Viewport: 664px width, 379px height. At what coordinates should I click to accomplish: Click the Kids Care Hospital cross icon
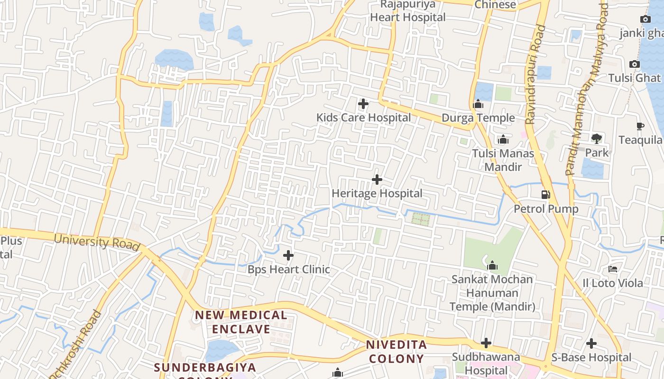(363, 103)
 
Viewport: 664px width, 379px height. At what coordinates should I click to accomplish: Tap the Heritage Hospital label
(377, 193)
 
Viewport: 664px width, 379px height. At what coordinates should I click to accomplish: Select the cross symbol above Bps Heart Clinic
(288, 255)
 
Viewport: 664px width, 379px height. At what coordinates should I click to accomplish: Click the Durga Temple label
(478, 117)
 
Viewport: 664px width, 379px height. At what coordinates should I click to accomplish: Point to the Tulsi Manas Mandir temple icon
(503, 139)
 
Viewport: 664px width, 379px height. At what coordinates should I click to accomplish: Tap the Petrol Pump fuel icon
(546, 194)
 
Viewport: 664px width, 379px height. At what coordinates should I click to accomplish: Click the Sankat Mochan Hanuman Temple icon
(492, 265)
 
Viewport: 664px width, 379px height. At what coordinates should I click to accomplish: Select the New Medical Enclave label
(241, 322)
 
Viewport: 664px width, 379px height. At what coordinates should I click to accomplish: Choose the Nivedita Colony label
(396, 352)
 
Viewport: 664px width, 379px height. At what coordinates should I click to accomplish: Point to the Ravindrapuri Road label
(536, 75)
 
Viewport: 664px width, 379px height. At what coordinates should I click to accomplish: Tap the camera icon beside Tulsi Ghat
(634, 64)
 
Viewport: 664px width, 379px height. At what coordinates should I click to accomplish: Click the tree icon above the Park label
(597, 139)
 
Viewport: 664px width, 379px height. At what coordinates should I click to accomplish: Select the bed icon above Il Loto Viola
(613, 269)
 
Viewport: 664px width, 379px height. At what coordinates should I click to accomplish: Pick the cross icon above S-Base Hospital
(591, 343)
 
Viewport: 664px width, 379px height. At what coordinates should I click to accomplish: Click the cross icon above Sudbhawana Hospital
(486, 343)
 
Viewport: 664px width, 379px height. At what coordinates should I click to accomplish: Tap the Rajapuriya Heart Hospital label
(407, 11)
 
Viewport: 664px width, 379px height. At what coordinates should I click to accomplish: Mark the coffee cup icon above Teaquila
(640, 126)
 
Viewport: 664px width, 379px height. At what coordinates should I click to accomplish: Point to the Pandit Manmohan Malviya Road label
(587, 90)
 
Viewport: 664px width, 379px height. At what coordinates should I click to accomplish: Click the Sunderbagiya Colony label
(205, 368)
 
